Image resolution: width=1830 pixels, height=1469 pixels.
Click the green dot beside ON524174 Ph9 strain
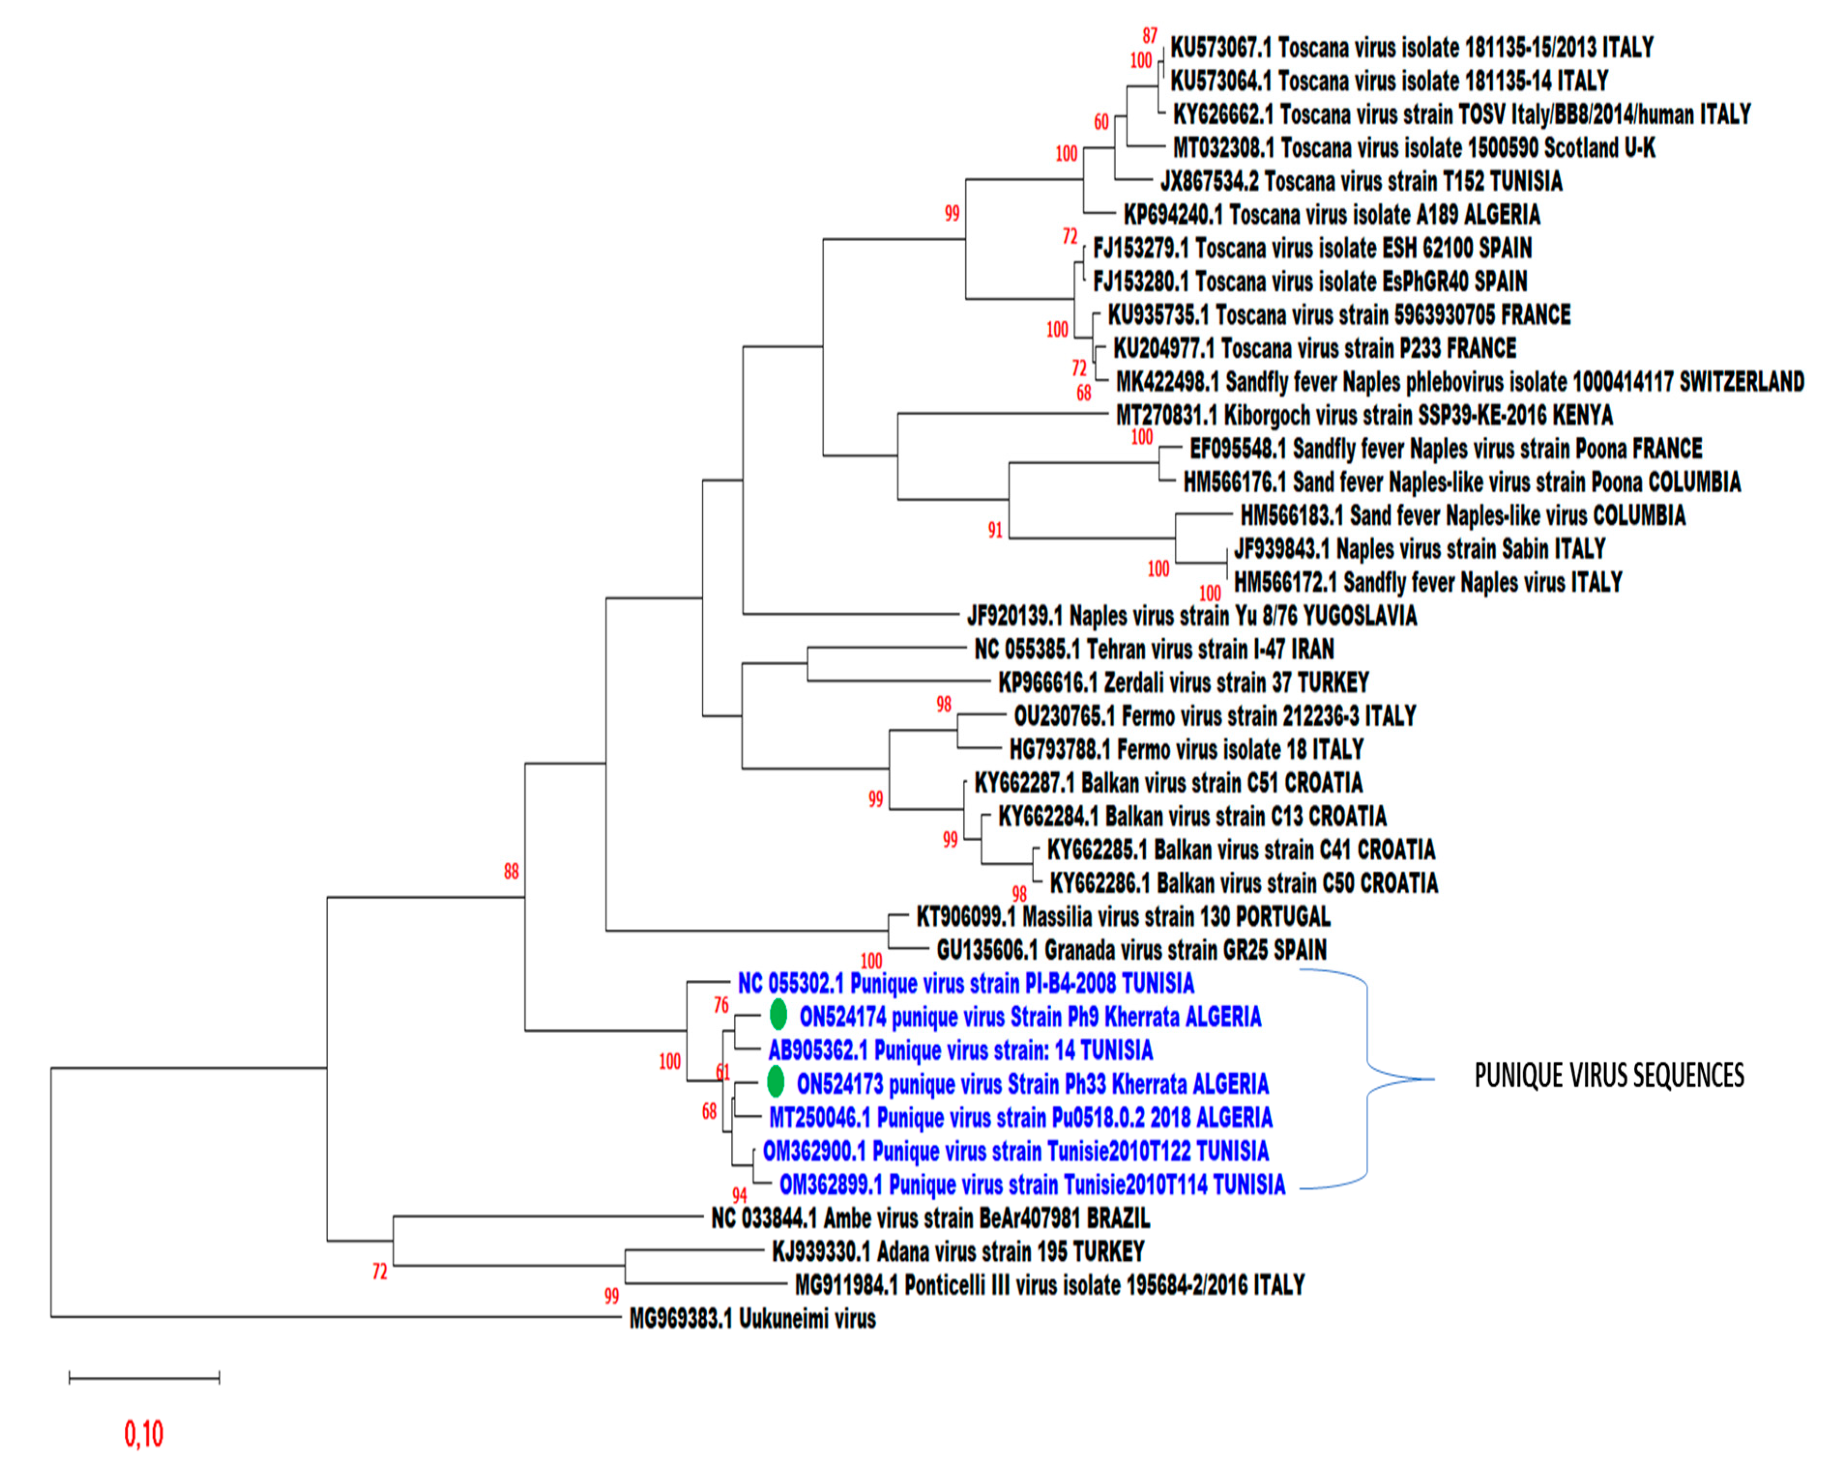(778, 1015)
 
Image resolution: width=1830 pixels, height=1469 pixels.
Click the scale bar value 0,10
(144, 1434)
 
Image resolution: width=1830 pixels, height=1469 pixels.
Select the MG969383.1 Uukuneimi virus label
(752, 1319)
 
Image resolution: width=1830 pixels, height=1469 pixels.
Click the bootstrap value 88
(511, 872)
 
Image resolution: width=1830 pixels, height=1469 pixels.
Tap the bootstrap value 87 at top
(1149, 36)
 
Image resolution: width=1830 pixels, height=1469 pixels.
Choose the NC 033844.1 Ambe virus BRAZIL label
(930, 1219)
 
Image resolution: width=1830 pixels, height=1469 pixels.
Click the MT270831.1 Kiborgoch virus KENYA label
(1364, 415)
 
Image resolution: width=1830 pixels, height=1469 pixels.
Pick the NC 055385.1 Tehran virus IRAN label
(1153, 649)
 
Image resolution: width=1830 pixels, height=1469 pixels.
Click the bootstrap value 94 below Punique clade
(740, 1196)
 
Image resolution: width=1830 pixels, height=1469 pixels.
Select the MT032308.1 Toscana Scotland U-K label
(1413, 148)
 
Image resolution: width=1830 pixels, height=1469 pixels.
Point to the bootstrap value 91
(995, 531)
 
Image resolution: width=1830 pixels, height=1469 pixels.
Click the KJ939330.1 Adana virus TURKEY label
(958, 1252)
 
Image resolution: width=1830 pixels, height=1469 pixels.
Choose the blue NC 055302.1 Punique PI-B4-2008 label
(966, 983)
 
